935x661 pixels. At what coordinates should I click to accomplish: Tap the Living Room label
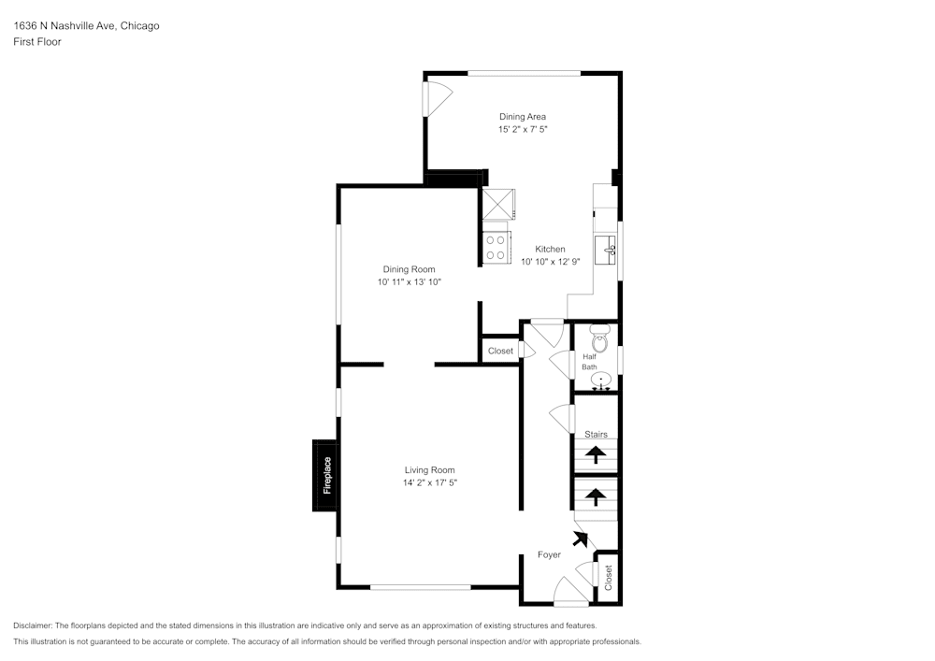[x=429, y=470]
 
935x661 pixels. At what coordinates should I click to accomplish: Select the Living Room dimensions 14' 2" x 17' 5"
[x=429, y=482]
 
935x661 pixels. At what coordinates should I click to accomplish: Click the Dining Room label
[x=409, y=269]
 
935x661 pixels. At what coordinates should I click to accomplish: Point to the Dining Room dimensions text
[x=409, y=281]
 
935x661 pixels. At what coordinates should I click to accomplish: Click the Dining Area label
[x=522, y=117]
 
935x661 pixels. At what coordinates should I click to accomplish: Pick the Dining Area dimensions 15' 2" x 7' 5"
[x=522, y=129]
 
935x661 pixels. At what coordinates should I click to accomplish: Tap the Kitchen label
[x=550, y=249]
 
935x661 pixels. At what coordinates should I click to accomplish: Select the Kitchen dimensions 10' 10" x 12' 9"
[x=550, y=262]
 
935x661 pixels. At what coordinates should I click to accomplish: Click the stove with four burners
[x=496, y=247]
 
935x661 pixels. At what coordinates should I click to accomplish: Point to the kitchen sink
[x=610, y=248]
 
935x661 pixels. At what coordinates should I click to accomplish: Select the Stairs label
[x=596, y=435]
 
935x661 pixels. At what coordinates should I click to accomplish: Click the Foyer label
[x=549, y=554]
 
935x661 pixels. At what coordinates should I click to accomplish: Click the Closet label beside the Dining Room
[x=500, y=351]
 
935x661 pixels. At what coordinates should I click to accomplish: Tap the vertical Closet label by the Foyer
[x=608, y=578]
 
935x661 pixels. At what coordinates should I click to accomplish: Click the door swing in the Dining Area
[x=438, y=96]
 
